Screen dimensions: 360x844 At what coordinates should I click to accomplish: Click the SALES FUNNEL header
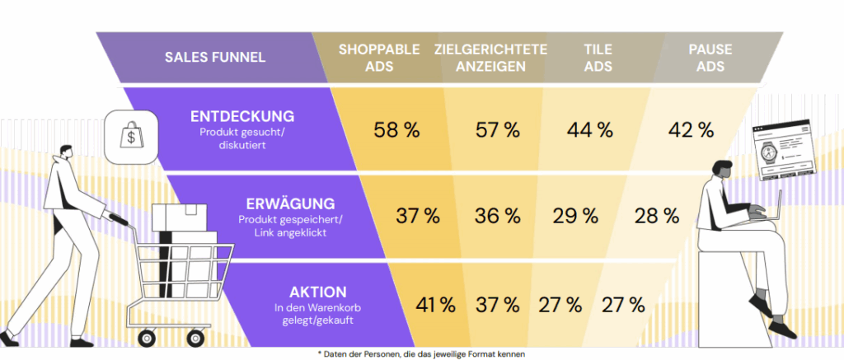click(x=214, y=57)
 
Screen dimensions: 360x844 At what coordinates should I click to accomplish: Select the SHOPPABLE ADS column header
click(x=379, y=57)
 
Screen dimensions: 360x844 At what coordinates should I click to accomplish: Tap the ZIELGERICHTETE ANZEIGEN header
click(x=491, y=57)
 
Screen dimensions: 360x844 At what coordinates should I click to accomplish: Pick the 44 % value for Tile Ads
click(x=590, y=129)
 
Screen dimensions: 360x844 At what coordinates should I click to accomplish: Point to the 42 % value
click(x=691, y=129)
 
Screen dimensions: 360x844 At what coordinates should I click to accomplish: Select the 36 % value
click(x=497, y=217)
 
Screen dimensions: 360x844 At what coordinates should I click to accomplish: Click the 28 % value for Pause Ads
click(x=657, y=217)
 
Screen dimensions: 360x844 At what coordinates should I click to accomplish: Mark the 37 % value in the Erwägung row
click(x=417, y=217)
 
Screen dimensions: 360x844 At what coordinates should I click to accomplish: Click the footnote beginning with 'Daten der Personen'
click(x=421, y=353)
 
